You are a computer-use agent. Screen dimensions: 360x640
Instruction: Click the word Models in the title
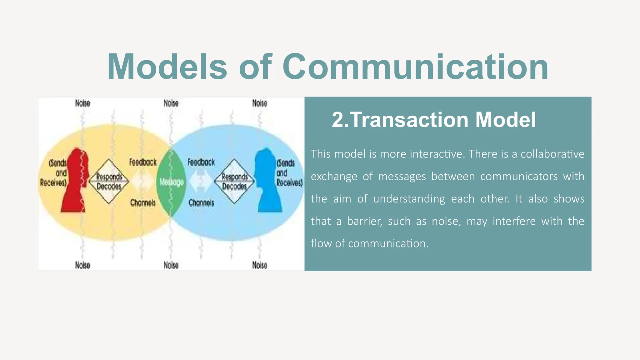(x=167, y=67)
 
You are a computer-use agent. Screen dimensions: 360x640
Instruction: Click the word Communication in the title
(x=415, y=67)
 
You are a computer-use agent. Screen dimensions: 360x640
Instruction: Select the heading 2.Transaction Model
(x=434, y=120)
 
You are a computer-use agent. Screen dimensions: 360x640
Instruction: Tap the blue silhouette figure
(x=268, y=181)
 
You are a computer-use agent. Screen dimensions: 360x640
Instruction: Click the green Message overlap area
(x=171, y=182)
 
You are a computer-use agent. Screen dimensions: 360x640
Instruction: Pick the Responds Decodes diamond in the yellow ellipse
(x=109, y=182)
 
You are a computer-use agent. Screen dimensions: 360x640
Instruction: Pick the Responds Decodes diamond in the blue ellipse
(x=234, y=182)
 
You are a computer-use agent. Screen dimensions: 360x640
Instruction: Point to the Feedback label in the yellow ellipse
(x=143, y=162)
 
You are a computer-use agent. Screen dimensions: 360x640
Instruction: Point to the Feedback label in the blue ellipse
(x=201, y=162)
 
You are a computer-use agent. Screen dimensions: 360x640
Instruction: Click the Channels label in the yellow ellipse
(x=143, y=202)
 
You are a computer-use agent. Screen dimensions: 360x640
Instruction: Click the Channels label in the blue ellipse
(x=201, y=202)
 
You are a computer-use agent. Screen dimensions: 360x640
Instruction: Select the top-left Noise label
(x=82, y=103)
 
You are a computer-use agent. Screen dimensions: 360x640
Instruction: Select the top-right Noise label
(x=260, y=103)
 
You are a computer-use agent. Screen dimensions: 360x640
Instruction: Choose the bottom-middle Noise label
(x=171, y=265)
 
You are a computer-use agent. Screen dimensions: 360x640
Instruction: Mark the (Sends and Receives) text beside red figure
(x=53, y=173)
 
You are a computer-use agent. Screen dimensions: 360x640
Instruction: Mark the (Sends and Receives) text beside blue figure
(x=289, y=173)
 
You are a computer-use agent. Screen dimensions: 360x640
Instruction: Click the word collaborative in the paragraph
(x=552, y=154)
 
